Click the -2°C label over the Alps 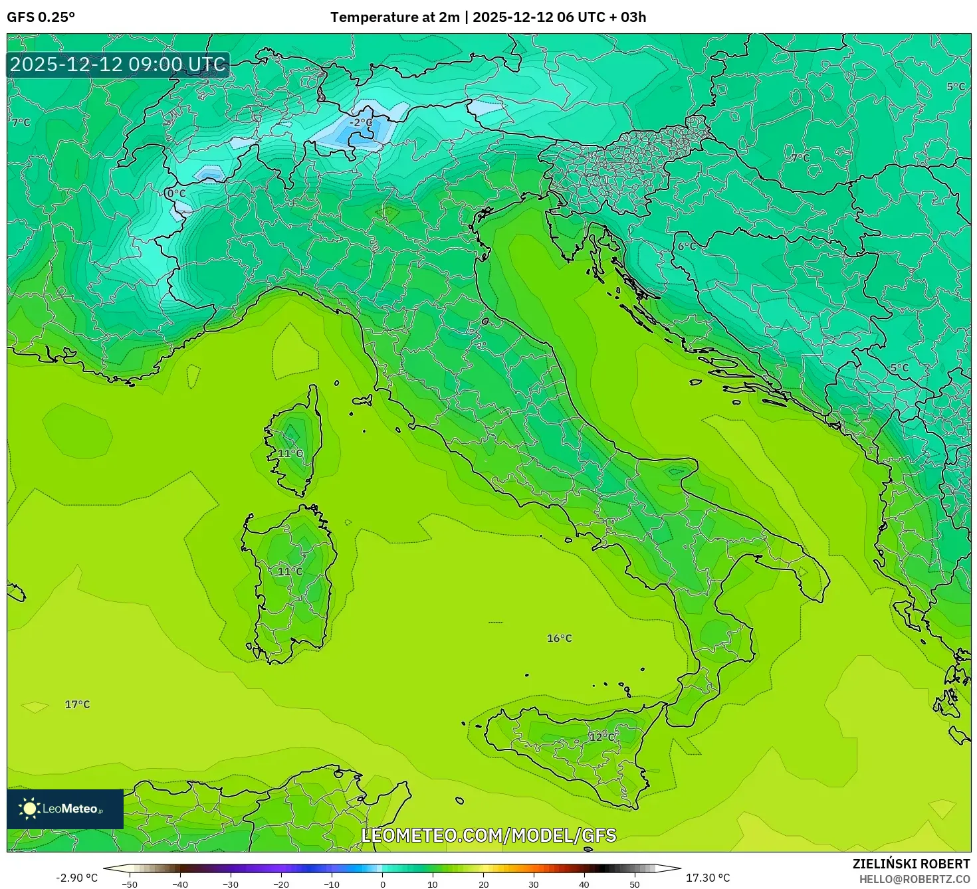[362, 123]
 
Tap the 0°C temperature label [177, 193]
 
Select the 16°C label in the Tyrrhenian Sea [559, 639]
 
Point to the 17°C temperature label [77, 704]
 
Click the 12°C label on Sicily [601, 737]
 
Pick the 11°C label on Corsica [290, 453]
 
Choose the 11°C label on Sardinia [290, 571]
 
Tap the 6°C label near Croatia [687, 247]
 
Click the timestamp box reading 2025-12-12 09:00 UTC [118, 64]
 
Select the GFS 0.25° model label [41, 17]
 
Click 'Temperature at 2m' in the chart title [395, 17]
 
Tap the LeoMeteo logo [65, 809]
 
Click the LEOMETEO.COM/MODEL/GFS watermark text [489, 835]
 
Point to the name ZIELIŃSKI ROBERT [911, 864]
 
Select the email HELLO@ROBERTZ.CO [914, 879]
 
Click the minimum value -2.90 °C [76, 878]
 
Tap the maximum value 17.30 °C [708, 878]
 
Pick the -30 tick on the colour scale [230, 884]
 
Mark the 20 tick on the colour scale [483, 884]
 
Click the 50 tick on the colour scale [635, 884]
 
